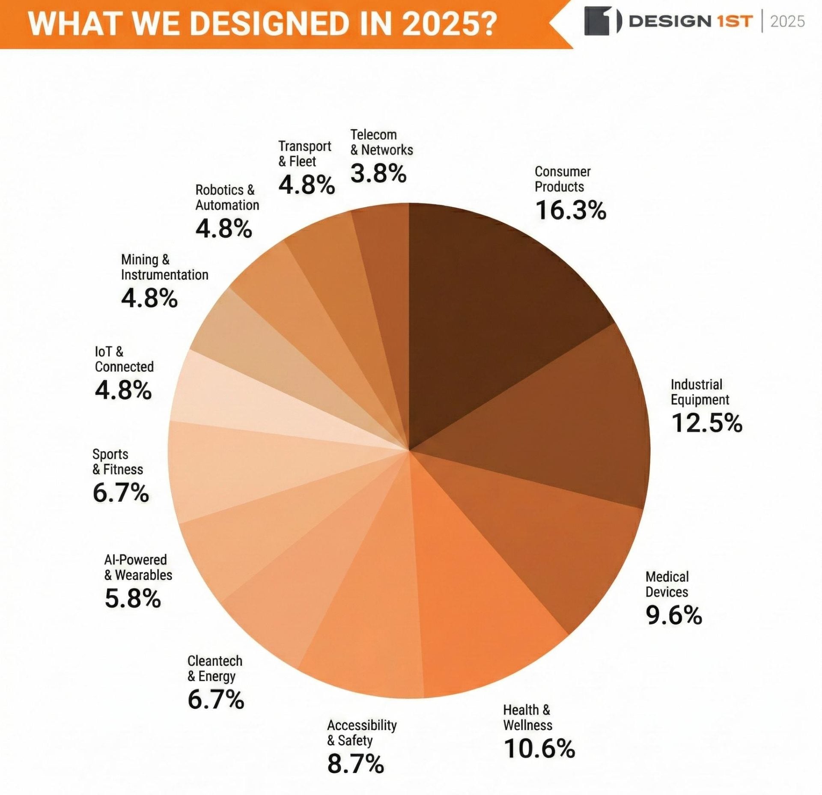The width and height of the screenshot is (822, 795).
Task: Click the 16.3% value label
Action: (x=570, y=210)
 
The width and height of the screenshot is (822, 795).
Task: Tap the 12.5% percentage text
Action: (x=706, y=423)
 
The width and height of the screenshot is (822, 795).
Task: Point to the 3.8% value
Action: (x=378, y=173)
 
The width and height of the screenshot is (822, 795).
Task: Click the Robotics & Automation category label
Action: (x=227, y=197)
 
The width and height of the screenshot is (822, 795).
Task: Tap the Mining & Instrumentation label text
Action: (x=164, y=267)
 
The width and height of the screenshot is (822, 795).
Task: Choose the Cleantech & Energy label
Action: (x=214, y=668)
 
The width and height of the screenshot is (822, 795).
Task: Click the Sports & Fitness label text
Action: (x=117, y=462)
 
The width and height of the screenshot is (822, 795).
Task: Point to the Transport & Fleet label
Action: (x=304, y=153)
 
